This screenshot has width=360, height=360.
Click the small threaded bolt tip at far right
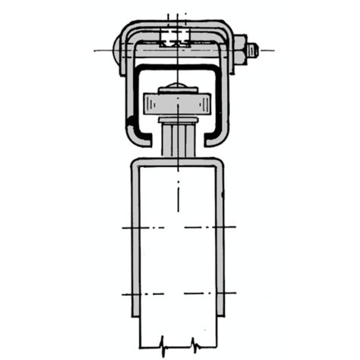pyautogui.click(x=253, y=50)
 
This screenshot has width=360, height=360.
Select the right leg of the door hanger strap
pyautogui.click(x=221, y=240)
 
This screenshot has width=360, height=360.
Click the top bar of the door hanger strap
pyautogui.click(x=178, y=162)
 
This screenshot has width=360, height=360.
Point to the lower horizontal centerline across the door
pyautogui.click(x=178, y=294)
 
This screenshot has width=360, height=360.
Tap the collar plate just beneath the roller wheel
pyautogui.click(x=178, y=120)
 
